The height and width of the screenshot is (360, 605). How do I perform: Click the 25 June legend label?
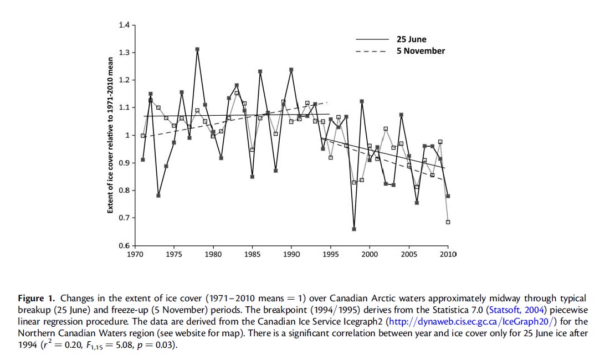pyautogui.click(x=411, y=39)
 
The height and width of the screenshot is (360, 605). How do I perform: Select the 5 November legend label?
pyautogui.click(x=421, y=51)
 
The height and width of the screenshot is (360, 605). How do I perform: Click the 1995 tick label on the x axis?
pyautogui.click(x=331, y=255)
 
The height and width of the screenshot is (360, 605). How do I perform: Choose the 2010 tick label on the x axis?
pyautogui.click(x=448, y=255)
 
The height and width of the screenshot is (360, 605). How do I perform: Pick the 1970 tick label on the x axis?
pyautogui.click(x=135, y=255)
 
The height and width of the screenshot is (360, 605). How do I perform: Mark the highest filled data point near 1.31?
pyautogui.click(x=197, y=49)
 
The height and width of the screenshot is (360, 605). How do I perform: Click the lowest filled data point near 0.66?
pyautogui.click(x=354, y=229)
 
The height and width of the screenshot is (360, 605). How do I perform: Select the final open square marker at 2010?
pyautogui.click(x=448, y=222)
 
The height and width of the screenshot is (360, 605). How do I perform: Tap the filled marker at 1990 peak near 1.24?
pyautogui.click(x=291, y=70)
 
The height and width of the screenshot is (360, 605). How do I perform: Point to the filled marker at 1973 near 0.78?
pyautogui.click(x=158, y=196)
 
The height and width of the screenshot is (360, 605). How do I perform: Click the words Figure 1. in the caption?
pyautogui.click(x=36, y=299)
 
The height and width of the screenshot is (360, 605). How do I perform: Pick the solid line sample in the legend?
pyautogui.click(x=372, y=39)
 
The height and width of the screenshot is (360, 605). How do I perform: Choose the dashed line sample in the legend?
pyautogui.click(x=372, y=51)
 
